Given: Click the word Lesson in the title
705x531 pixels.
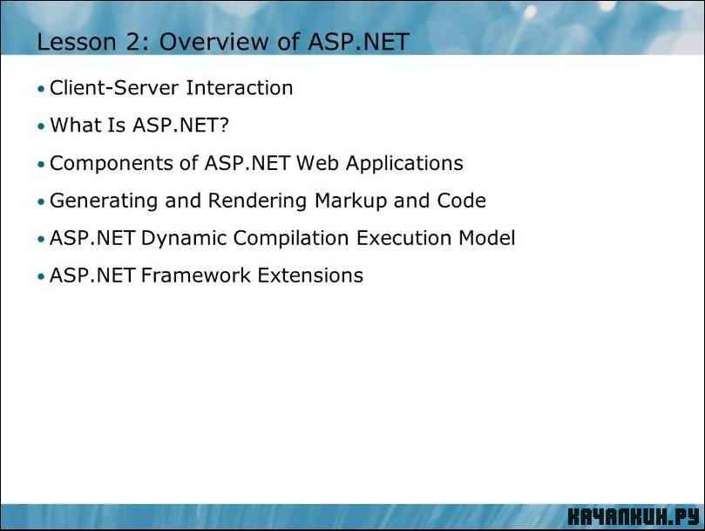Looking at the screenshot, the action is pyautogui.click(x=77, y=42).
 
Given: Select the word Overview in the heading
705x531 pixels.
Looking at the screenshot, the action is pyautogui.click(x=214, y=42).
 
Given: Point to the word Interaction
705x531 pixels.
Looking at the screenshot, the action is pyautogui.click(x=239, y=88).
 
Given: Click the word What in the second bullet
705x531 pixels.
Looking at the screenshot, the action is pyautogui.click(x=75, y=125).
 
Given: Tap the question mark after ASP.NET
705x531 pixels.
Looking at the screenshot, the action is pyautogui.click(x=224, y=125).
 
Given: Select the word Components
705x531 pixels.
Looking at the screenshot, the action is pyautogui.click(x=111, y=163).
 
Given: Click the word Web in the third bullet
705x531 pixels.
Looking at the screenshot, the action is pyautogui.click(x=317, y=163).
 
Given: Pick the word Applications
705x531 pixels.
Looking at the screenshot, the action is pyautogui.click(x=404, y=164).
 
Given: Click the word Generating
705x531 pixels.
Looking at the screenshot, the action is pyautogui.click(x=104, y=201).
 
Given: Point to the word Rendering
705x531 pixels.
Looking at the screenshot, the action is pyautogui.click(x=257, y=201).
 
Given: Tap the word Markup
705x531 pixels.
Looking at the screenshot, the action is pyautogui.click(x=350, y=201).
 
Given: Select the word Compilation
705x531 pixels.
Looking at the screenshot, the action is pyautogui.click(x=291, y=239).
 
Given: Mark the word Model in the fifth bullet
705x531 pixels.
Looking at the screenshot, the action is pyautogui.click(x=487, y=238).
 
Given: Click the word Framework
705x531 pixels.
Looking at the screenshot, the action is pyautogui.click(x=195, y=276).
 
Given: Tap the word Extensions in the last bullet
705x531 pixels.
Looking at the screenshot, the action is pyautogui.click(x=310, y=276).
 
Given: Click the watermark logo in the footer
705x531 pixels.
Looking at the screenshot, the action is pyautogui.click(x=634, y=516).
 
